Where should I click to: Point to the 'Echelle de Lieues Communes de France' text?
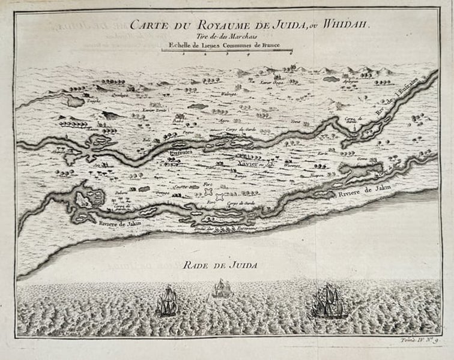(x=226, y=45)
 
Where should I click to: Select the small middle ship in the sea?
(x=220, y=289)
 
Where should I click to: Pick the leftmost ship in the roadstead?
(x=166, y=301)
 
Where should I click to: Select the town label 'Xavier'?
(x=247, y=163)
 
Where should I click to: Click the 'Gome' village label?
(x=362, y=159)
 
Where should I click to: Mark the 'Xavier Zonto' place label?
(x=152, y=110)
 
